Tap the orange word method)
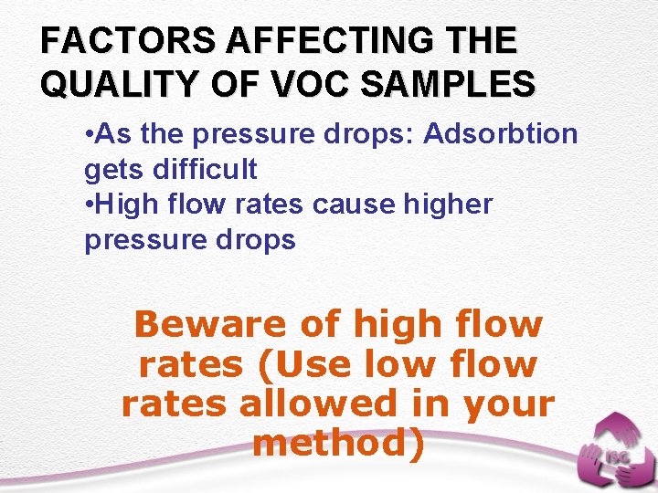(x=338, y=443)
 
